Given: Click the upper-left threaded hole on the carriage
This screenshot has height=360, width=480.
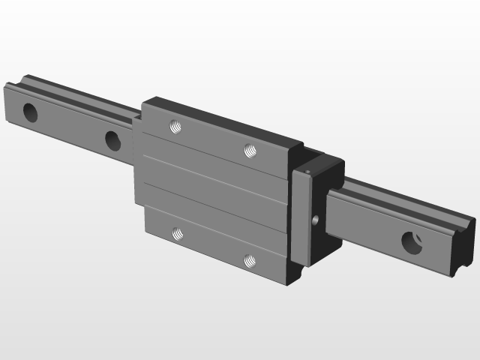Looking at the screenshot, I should pyautogui.click(x=175, y=126).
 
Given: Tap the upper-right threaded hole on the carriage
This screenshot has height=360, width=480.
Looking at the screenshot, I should pyautogui.click(x=250, y=151).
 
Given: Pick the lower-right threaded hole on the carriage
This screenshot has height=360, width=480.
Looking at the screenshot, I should pyautogui.click(x=250, y=259).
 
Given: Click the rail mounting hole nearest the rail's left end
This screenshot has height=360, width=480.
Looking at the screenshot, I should pyautogui.click(x=31, y=112).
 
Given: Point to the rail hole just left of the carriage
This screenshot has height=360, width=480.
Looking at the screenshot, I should pyautogui.click(x=112, y=139).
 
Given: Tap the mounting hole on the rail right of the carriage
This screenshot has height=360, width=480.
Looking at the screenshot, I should pyautogui.click(x=412, y=242).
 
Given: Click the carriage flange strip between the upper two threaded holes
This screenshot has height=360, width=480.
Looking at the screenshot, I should pyautogui.click(x=213, y=139).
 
